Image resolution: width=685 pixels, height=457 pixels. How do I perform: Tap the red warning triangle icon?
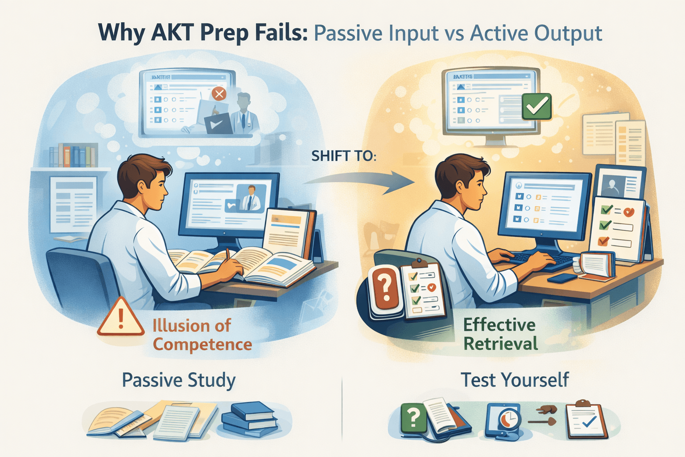(120, 318)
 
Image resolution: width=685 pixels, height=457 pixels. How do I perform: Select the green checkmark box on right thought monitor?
(536, 106)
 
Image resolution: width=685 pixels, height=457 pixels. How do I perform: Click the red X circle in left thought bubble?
(219, 94)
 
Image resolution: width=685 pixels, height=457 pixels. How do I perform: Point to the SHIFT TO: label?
(343, 156)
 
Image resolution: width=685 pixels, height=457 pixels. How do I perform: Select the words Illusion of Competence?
(202, 335)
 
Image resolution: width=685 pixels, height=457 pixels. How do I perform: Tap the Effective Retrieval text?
(499, 334)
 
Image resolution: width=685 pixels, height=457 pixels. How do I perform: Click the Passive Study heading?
(178, 380)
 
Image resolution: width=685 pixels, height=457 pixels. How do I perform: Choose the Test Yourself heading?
(514, 380)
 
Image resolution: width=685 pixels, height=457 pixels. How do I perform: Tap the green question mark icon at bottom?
(413, 418)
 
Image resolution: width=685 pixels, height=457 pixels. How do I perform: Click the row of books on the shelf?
(73, 156)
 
